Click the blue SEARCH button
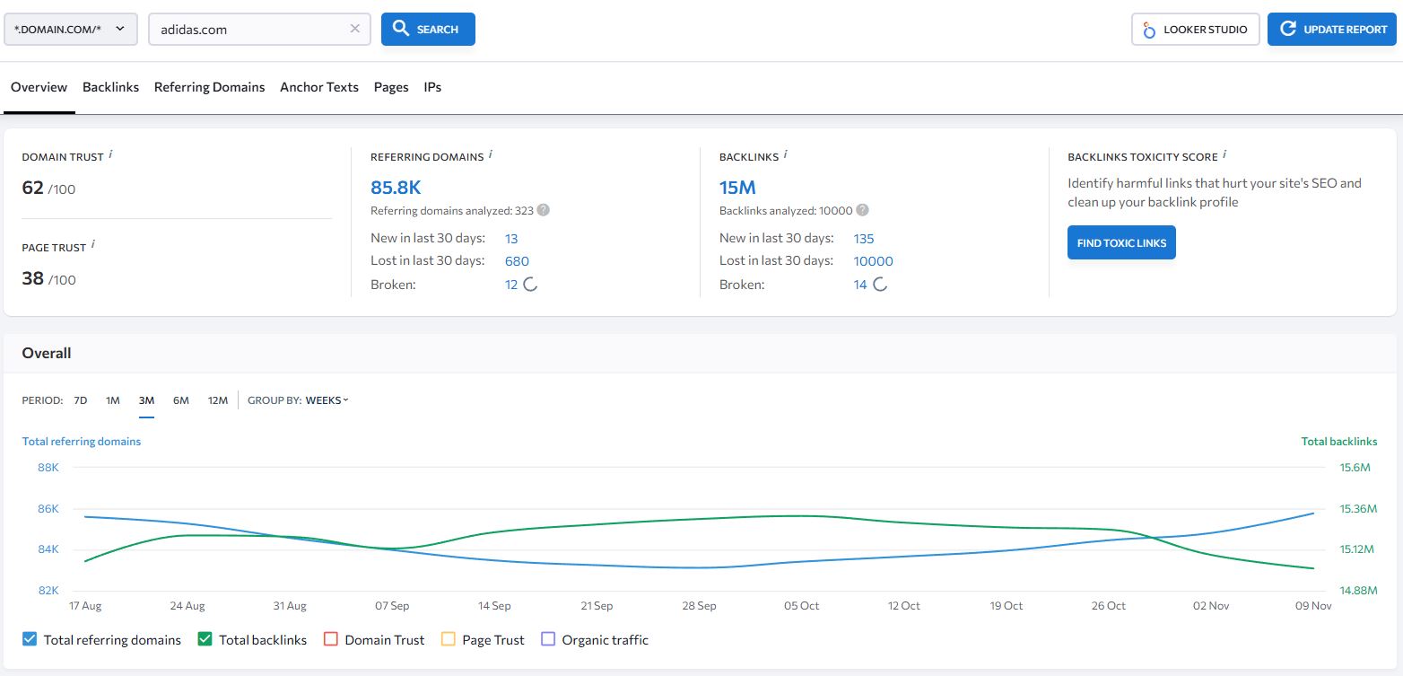tap(428, 30)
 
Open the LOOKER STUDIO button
tap(1195, 30)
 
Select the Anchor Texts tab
tap(318, 87)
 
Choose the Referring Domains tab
tap(209, 87)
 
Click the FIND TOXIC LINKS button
tap(1120, 243)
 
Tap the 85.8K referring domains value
tap(396, 188)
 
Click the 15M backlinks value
tap(737, 188)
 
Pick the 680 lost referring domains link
tap(517, 261)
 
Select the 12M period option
tap(218, 400)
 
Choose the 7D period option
tap(81, 400)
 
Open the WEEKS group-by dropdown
tap(327, 400)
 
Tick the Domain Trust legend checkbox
tap(330, 640)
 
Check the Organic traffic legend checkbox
tap(549, 640)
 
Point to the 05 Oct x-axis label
tap(801, 606)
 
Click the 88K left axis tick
tap(48, 468)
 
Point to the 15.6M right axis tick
tap(1355, 468)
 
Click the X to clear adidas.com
tap(354, 29)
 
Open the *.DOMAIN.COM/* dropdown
tap(70, 30)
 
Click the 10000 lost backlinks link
tap(873, 261)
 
